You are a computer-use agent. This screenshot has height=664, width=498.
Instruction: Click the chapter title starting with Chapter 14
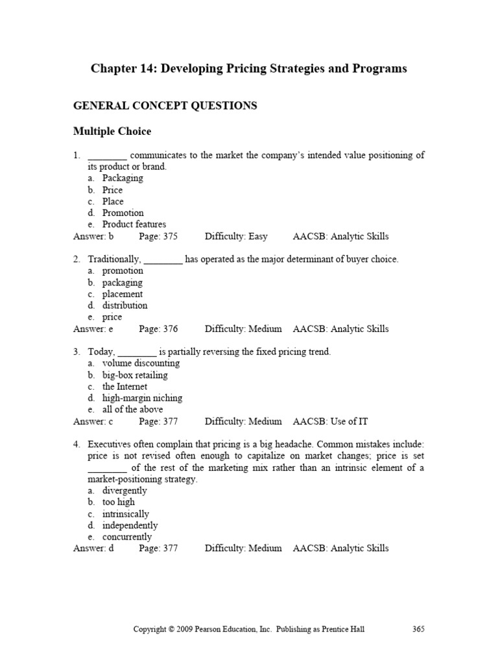point(249,69)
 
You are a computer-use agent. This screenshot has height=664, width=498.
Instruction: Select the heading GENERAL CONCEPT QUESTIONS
point(165,106)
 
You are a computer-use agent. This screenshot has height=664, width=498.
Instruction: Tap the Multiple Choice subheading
point(112,132)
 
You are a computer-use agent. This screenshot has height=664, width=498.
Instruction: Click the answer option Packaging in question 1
point(123,178)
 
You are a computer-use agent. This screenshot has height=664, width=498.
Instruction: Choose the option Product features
point(134,225)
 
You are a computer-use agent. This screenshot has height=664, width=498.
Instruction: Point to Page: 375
point(158,237)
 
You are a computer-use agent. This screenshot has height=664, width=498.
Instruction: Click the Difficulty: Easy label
point(236,237)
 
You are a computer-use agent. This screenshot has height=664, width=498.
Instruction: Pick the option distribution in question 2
point(124,305)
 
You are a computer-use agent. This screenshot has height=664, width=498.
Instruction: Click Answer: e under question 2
point(93,329)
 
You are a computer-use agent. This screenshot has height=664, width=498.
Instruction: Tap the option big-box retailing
point(135,375)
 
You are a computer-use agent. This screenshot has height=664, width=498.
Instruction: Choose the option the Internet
point(124,387)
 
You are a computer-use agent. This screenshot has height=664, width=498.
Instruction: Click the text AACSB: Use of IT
point(330,421)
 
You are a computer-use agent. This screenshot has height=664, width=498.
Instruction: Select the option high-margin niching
point(142,398)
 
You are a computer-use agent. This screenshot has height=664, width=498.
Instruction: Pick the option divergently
point(124,491)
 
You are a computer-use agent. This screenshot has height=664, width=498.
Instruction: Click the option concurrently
point(127,537)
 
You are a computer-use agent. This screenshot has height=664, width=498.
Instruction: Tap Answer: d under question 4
point(93,549)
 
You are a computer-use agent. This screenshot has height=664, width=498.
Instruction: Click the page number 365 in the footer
point(418,629)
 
